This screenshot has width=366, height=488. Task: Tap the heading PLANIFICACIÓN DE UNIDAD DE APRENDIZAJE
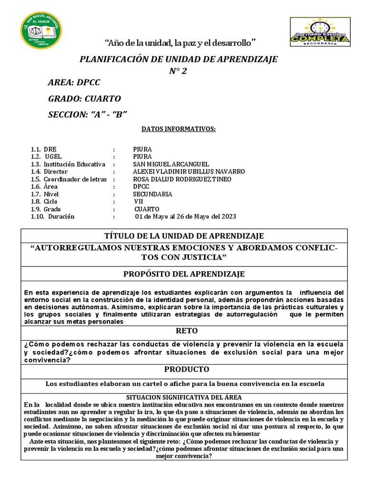click(x=179, y=59)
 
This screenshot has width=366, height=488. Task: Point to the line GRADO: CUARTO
click(x=84, y=99)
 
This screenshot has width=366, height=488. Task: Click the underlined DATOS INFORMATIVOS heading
click(x=178, y=129)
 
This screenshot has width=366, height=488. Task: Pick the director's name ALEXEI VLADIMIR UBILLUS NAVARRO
click(x=189, y=172)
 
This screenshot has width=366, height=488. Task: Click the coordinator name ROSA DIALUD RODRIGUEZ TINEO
click(x=182, y=179)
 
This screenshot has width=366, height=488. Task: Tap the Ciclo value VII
click(x=138, y=202)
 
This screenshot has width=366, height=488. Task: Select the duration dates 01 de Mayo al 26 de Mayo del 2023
click(x=185, y=217)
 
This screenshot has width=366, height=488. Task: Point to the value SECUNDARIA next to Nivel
click(x=152, y=194)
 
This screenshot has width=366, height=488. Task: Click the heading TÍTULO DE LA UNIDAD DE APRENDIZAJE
click(x=183, y=236)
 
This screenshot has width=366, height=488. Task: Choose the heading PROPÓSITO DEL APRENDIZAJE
click(x=184, y=274)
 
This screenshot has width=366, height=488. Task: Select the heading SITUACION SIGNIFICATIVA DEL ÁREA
click(x=183, y=397)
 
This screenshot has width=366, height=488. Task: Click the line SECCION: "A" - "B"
click(x=88, y=115)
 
